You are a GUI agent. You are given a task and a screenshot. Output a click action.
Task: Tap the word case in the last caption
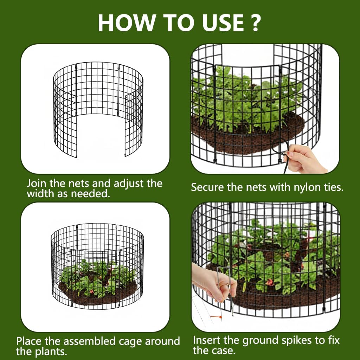[224, 351]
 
